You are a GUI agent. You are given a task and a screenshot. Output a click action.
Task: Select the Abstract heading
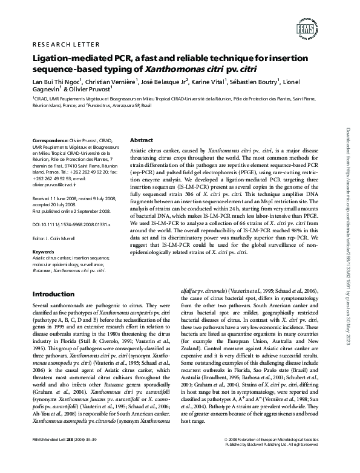tap(141, 140)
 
